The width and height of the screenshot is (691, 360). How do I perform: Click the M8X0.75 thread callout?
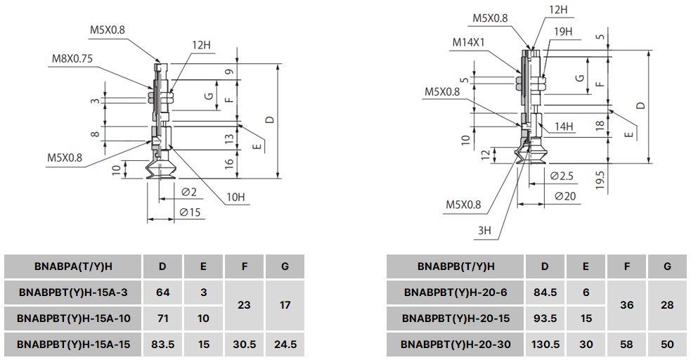[x=72, y=58]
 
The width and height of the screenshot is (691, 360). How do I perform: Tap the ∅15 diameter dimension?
[x=190, y=212]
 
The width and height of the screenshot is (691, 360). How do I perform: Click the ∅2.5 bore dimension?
[x=562, y=175]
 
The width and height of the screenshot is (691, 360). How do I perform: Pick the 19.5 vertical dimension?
[x=600, y=181]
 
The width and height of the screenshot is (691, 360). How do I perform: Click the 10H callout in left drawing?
[x=235, y=197]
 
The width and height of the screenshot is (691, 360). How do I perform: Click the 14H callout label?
[x=563, y=127]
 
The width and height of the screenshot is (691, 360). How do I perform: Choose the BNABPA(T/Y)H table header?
[x=73, y=266]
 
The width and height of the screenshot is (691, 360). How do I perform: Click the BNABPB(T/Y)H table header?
[x=456, y=266]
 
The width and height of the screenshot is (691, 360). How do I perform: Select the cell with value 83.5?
[x=162, y=345]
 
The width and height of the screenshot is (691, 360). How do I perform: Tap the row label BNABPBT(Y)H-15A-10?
[x=73, y=319]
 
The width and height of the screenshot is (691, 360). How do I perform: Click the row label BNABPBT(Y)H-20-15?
[x=456, y=319]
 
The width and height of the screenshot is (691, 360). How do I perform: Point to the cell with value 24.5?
[x=285, y=345]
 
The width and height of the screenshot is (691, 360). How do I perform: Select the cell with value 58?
[x=627, y=345]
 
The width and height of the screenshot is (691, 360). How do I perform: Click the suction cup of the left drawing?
[x=160, y=169]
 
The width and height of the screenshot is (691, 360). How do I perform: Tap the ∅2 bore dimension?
[x=188, y=192]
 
